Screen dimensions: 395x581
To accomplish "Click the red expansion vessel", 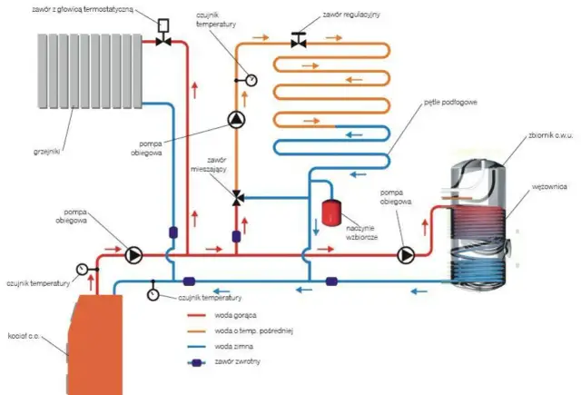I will (328, 213).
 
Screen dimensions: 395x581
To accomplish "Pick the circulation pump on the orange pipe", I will (236, 119).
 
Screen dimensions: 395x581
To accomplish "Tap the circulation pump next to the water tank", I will (405, 255).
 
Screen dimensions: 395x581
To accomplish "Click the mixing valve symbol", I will (236, 197).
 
